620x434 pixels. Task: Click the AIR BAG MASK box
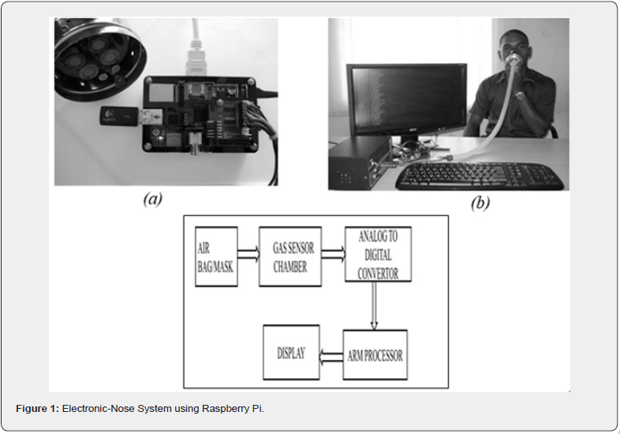216,256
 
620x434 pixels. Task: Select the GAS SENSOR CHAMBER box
289,256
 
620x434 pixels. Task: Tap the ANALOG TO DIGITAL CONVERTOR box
378,254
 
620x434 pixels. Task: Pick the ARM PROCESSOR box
375,354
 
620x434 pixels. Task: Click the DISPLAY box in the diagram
291,352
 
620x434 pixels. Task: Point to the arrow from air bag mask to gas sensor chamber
248,254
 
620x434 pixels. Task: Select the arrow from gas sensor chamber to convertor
334,254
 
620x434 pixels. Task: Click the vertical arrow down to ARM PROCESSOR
374,306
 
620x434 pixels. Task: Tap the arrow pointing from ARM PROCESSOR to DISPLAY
331,356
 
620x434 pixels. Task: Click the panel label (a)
153,198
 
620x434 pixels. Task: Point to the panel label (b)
480,203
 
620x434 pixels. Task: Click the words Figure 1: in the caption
38,408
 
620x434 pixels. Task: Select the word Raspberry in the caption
221,409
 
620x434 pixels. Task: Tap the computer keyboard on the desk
480,176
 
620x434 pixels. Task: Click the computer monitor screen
407,101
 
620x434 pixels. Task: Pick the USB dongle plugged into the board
119,116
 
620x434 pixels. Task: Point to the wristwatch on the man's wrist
520,95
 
